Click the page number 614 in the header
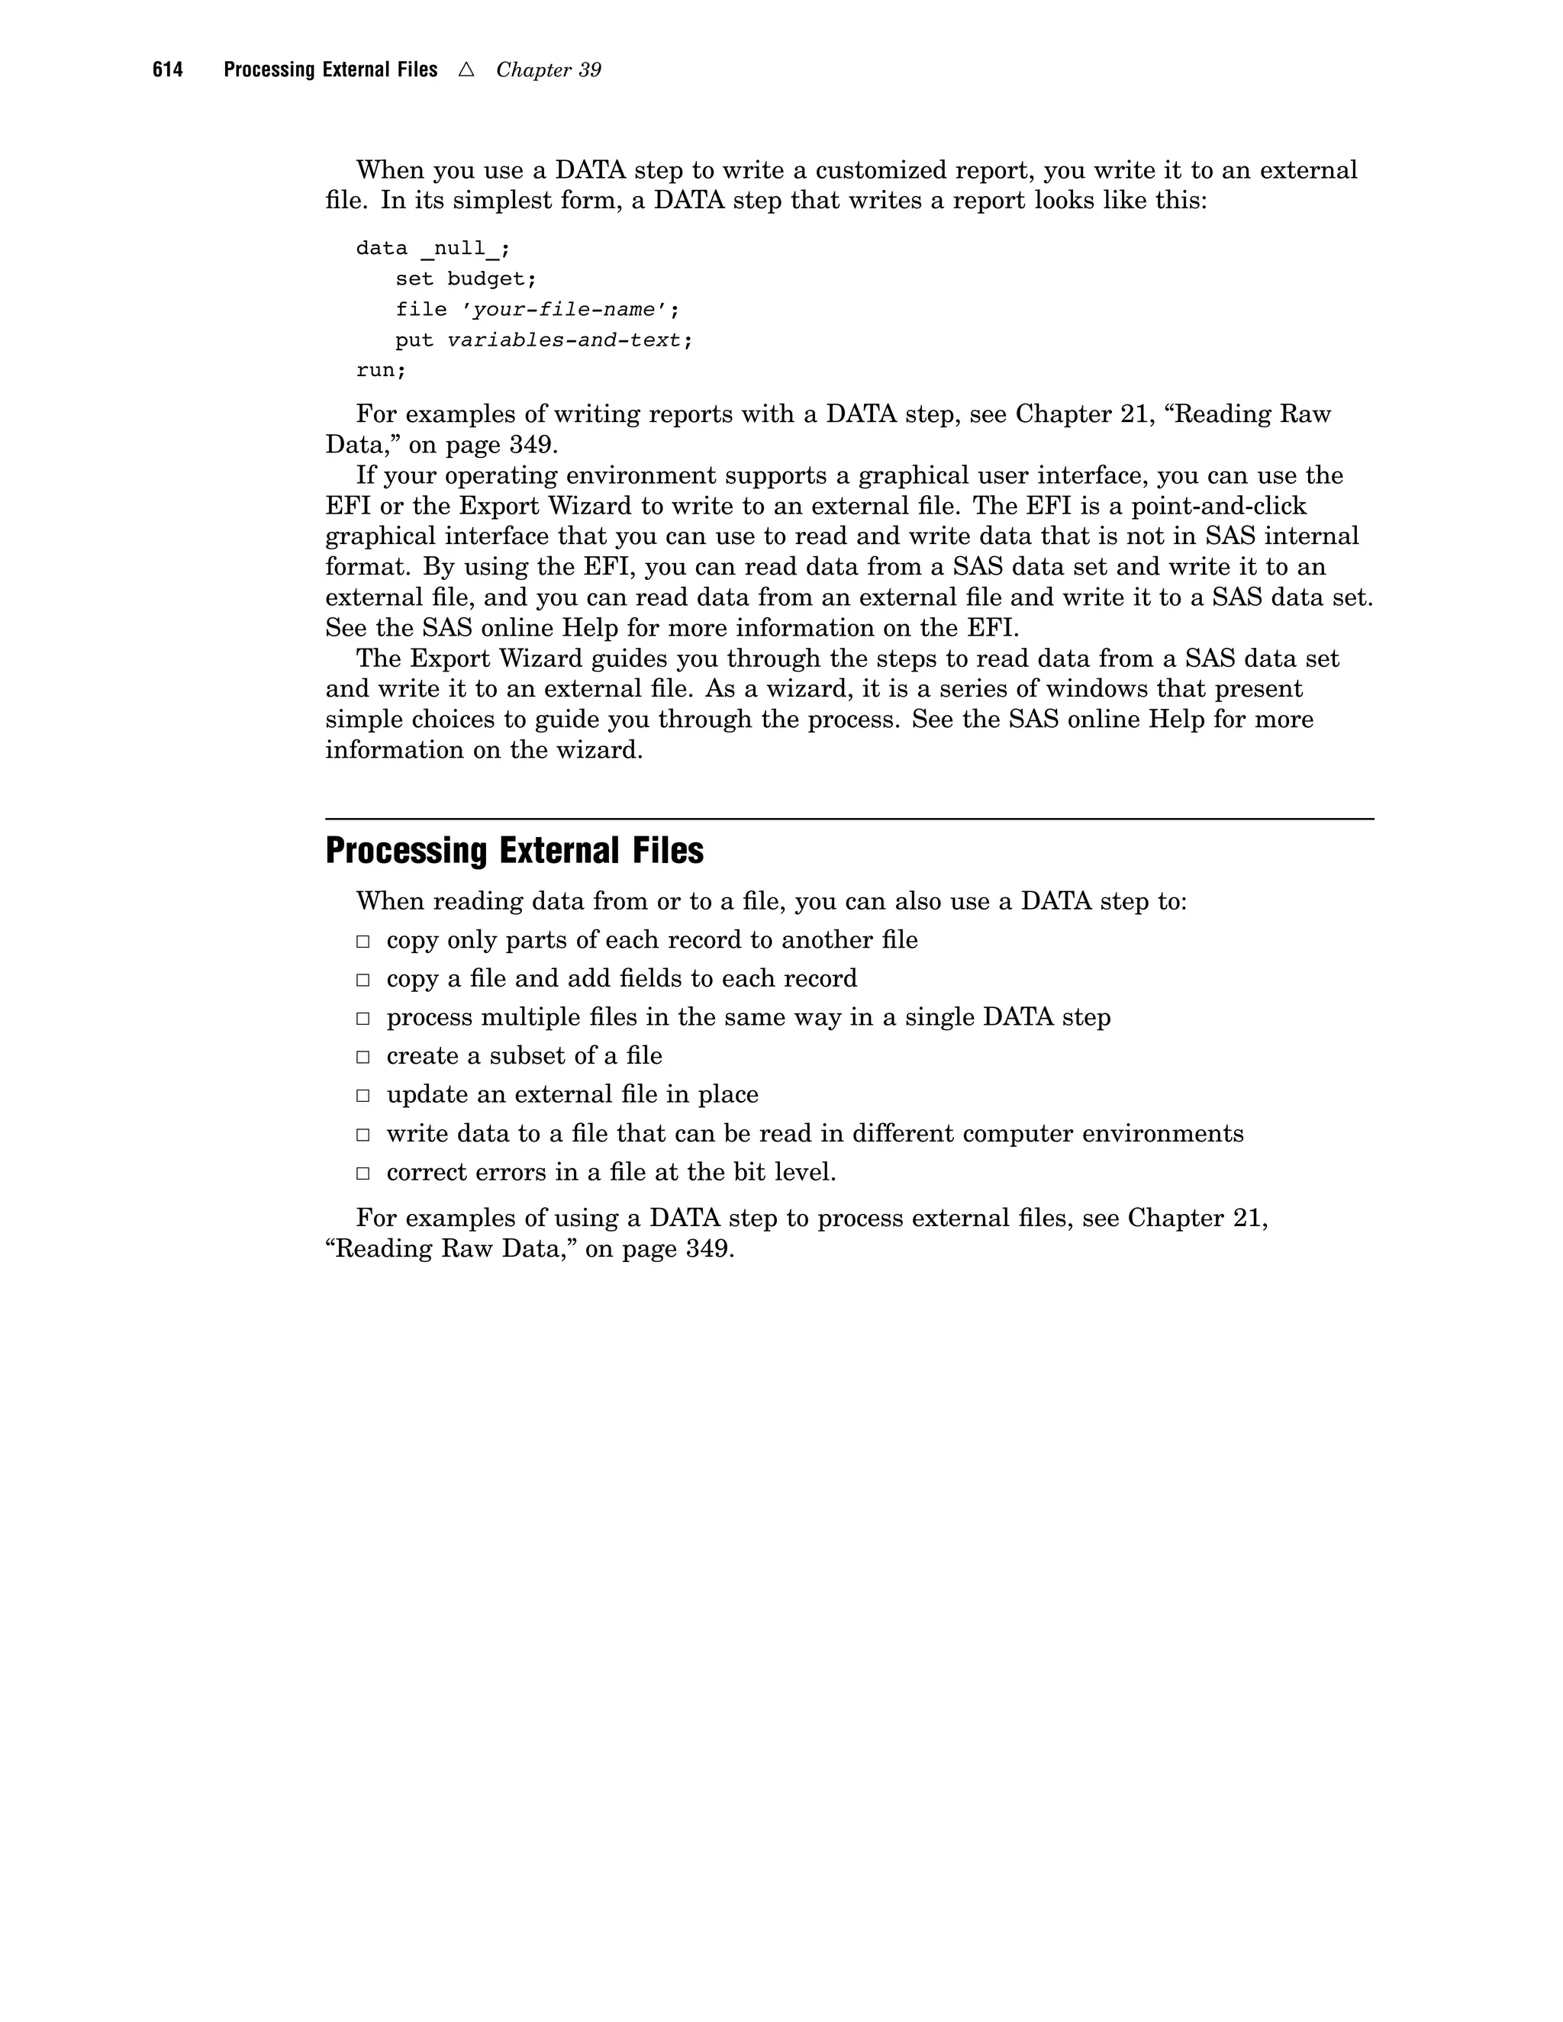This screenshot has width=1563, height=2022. click(x=168, y=70)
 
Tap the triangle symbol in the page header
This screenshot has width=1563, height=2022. click(x=466, y=69)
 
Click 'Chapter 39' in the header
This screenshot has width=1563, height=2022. click(x=548, y=70)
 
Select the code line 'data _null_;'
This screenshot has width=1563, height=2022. click(x=433, y=248)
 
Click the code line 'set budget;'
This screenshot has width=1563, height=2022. click(x=466, y=279)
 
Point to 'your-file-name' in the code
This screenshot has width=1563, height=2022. click(x=564, y=309)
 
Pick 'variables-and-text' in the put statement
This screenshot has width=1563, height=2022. click(x=564, y=340)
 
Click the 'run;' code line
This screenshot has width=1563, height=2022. click(x=381, y=370)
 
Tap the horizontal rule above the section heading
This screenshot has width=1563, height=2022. click(x=849, y=819)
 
